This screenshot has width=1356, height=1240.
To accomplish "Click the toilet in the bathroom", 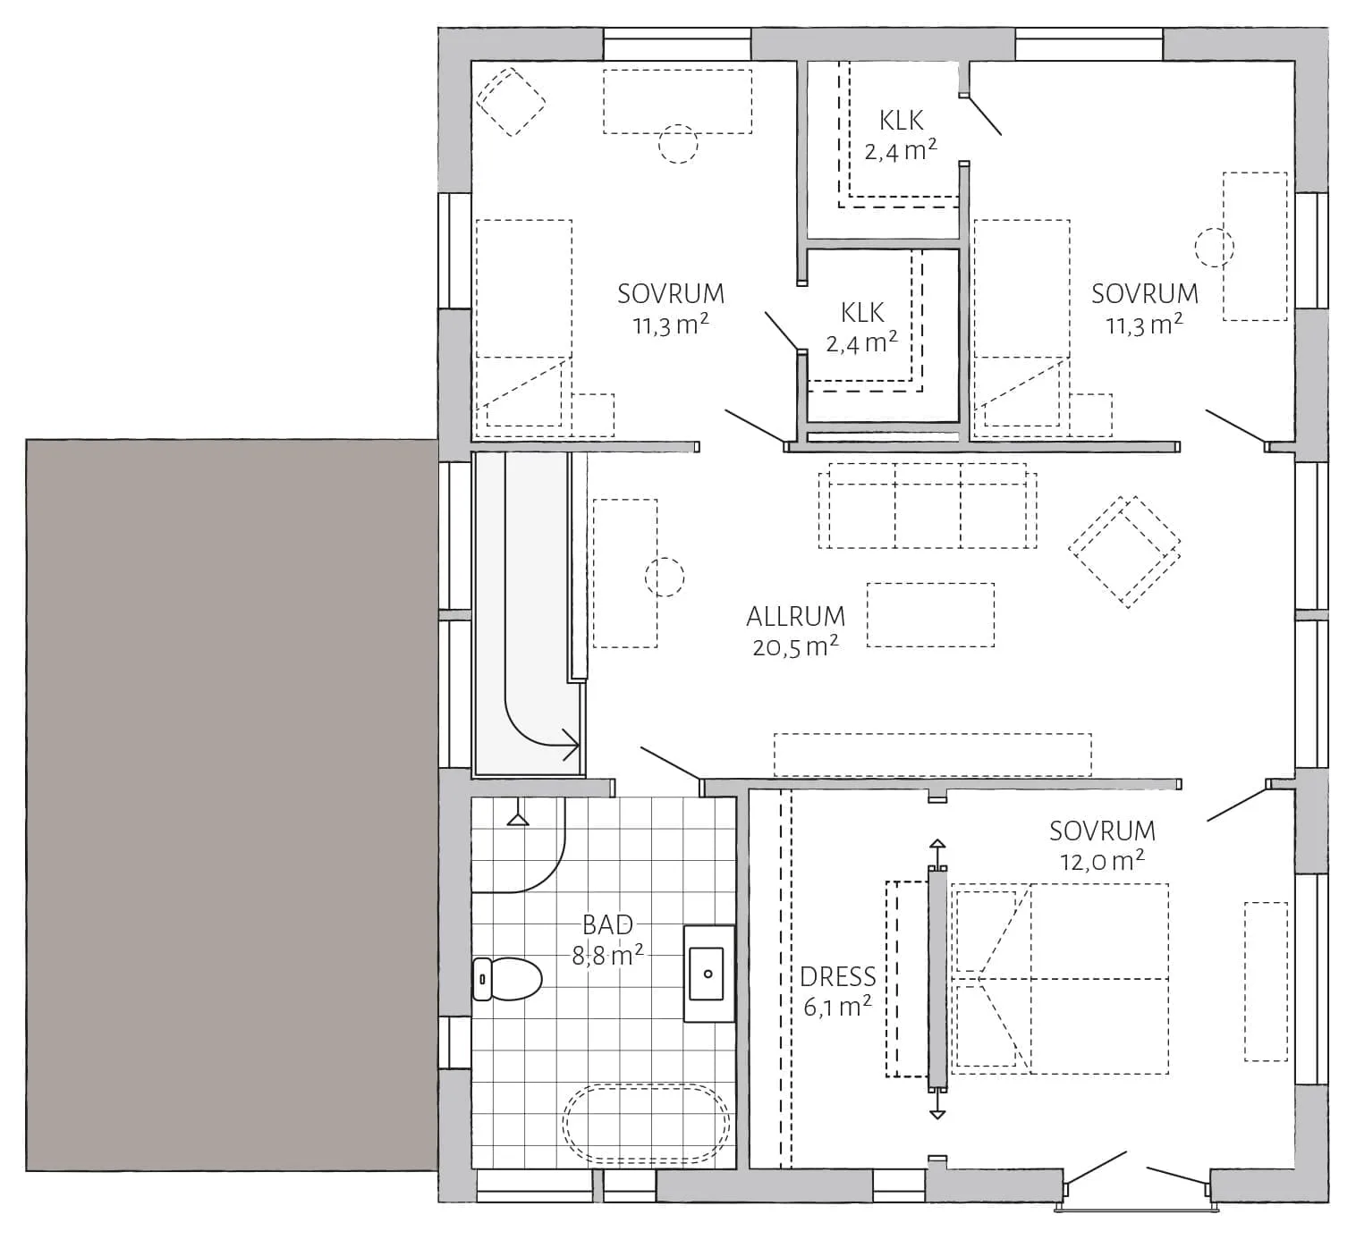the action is [507, 978].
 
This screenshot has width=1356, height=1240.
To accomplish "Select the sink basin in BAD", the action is [707, 974].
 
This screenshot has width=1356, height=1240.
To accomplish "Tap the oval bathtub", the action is [646, 1125].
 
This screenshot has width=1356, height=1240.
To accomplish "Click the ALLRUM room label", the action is [795, 616].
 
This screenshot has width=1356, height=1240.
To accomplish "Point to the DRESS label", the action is [837, 977].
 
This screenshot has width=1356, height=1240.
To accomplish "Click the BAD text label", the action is [607, 924].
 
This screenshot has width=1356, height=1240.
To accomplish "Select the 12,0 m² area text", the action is [1102, 862].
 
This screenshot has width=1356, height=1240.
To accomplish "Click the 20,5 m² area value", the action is [795, 646].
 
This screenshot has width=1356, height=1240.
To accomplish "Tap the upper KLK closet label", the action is [901, 121].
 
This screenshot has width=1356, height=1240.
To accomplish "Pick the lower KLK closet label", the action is [862, 313].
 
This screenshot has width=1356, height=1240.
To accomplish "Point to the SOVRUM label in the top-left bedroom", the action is [671, 294].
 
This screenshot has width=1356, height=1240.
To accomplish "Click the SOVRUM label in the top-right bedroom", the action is [1144, 294].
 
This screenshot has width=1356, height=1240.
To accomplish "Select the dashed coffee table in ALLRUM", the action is [930, 615].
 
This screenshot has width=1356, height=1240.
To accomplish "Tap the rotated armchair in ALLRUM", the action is [1124, 552].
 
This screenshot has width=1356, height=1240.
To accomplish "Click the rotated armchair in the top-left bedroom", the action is [511, 101].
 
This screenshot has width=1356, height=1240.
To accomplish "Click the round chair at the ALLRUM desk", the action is [665, 578].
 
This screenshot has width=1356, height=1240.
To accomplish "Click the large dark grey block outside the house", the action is [232, 804].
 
